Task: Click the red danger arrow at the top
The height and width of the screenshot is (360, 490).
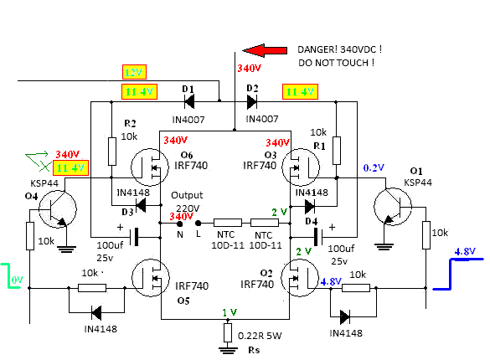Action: [265, 50]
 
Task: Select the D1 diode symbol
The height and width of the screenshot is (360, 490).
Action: [189, 101]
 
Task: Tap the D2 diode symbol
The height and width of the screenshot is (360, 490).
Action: [252, 101]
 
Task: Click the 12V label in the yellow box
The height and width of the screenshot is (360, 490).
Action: [134, 72]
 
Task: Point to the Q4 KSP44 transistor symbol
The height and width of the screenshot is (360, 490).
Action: [58, 208]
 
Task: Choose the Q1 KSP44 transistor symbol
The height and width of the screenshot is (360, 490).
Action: [393, 207]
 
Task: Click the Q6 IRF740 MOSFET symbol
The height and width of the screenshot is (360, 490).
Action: [149, 167]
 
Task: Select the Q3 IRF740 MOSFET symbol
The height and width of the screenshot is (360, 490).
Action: [301, 167]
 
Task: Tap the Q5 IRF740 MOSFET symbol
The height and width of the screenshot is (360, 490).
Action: [151, 277]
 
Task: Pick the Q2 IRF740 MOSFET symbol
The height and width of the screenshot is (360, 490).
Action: [300, 278]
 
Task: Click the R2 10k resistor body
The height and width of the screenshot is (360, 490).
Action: [112, 152]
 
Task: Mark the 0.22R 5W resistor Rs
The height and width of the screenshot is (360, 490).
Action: [228, 333]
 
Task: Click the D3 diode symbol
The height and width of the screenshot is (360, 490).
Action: [141, 205]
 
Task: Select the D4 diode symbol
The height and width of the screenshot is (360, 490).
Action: [310, 206]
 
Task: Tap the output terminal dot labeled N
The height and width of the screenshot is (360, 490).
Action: [180, 224]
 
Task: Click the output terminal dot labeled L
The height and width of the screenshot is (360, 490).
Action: [198, 224]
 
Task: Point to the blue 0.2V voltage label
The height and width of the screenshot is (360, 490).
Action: [374, 167]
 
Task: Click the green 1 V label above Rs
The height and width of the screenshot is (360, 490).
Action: [230, 312]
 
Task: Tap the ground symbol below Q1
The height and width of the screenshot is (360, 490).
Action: [384, 247]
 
